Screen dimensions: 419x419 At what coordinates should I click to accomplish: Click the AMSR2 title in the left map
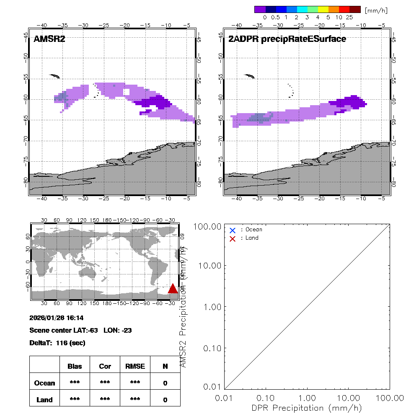click(x=49, y=39)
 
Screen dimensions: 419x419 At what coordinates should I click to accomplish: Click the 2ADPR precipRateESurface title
click(x=287, y=39)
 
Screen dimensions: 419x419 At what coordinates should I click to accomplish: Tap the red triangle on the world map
click(x=173, y=288)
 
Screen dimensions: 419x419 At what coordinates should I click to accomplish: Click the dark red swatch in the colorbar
click(x=355, y=9)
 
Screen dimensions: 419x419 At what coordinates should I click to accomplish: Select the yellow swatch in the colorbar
click(x=323, y=9)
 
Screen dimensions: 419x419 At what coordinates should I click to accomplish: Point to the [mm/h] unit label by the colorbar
click(x=376, y=10)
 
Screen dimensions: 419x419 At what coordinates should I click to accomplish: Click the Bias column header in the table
click(x=75, y=366)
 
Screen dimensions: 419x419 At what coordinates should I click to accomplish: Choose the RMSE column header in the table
click(x=135, y=366)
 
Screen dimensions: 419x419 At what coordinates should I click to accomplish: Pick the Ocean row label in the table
click(x=44, y=383)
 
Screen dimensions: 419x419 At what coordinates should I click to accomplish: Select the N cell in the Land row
click(x=165, y=400)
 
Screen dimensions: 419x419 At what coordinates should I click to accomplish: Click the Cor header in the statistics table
click(x=105, y=366)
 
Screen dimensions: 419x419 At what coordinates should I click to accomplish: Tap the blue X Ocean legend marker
click(x=233, y=230)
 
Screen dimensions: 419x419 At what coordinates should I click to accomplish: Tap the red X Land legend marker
click(x=233, y=238)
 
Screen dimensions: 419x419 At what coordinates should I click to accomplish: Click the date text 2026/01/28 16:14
click(x=57, y=318)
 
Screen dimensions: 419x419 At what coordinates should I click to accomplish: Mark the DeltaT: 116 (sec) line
click(x=57, y=343)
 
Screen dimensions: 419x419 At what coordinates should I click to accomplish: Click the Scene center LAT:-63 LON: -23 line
click(x=81, y=330)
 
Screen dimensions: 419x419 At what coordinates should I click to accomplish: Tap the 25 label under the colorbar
click(x=349, y=18)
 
